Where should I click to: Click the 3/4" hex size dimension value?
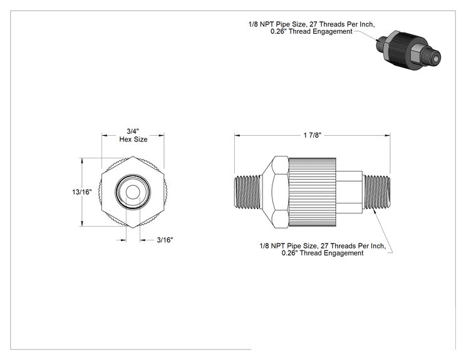133,131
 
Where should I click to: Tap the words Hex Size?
133,140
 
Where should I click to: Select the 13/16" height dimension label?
81,192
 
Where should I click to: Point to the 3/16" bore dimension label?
165,240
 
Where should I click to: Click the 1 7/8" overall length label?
313,135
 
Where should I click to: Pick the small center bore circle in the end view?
133,192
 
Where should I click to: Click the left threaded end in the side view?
248,192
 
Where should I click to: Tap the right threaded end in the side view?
377,192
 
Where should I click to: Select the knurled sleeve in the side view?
312,192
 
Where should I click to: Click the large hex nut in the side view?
275,192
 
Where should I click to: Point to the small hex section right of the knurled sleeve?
349,192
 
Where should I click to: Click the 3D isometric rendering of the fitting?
408,51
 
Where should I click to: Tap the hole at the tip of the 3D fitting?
435,59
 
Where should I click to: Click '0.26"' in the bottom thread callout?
289,253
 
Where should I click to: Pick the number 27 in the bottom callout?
324,246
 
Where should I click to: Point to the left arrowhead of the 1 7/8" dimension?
237,136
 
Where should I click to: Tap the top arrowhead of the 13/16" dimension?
82,161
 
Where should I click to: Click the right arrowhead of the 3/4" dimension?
162,136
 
